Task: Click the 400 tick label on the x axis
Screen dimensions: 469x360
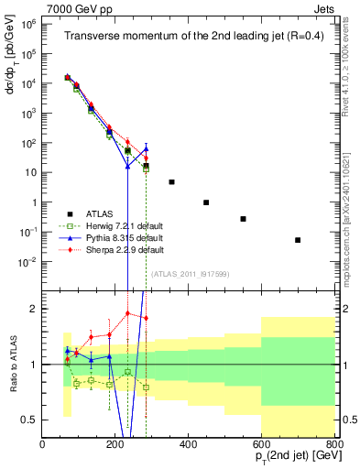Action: click(x=189, y=445)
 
